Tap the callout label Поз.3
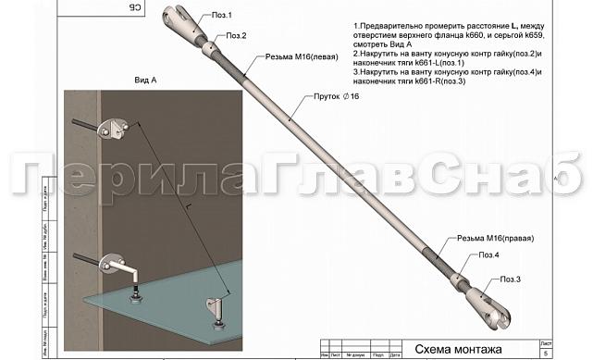pyautogui.click(x=511, y=279)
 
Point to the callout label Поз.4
pyautogui.click(x=489, y=254)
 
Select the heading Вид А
pyautogui.click(x=147, y=81)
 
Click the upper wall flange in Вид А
pyautogui.click(x=116, y=127)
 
